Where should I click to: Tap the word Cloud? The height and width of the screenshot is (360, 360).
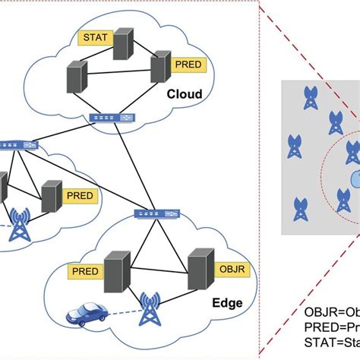click(185, 94)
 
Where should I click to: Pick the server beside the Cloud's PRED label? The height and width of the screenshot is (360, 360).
click(159, 66)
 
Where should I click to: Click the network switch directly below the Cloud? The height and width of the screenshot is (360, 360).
click(104, 118)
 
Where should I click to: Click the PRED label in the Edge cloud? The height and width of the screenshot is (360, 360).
click(87, 270)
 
